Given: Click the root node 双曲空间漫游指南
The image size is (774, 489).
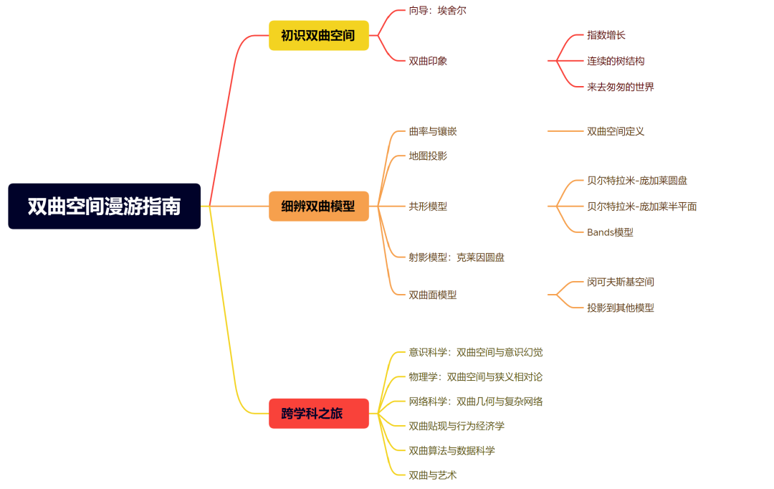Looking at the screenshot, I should [x=104, y=206].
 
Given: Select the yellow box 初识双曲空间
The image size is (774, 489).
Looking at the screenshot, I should [x=318, y=35].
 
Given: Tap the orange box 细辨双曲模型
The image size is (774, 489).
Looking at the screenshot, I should [x=318, y=206].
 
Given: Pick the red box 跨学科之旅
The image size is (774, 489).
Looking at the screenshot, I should [x=318, y=414].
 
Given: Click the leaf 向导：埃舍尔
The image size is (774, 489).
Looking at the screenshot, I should [x=437, y=11].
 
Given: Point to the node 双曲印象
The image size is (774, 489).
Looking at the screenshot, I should [x=428, y=61].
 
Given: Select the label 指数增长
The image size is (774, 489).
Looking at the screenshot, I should [x=606, y=35].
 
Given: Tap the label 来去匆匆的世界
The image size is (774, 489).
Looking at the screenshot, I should [x=620, y=87].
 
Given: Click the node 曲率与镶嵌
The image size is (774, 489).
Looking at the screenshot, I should [x=433, y=131].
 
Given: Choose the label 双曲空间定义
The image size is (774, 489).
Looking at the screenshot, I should [x=616, y=131].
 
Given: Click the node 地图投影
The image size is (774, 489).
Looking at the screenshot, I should [x=428, y=156].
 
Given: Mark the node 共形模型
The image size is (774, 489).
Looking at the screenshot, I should [x=428, y=206].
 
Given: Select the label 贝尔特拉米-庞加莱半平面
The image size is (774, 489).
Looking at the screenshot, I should [x=641, y=206].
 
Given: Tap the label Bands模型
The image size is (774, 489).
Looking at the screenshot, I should [x=610, y=232].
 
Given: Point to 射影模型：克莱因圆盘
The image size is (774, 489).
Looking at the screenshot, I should [x=457, y=257].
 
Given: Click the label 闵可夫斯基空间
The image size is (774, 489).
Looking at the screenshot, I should [x=620, y=282].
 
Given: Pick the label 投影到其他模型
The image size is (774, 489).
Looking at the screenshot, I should [x=620, y=308].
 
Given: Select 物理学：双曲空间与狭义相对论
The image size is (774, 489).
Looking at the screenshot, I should [x=475, y=376].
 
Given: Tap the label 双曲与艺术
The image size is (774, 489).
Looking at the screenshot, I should [x=433, y=475].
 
